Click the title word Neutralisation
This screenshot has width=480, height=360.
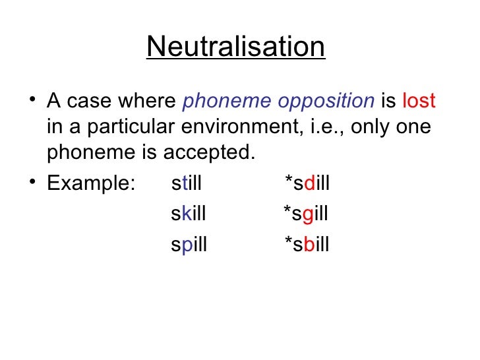point(235,47)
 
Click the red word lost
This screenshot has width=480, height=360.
point(419,101)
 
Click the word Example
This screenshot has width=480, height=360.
point(90,183)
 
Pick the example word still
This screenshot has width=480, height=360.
point(186,183)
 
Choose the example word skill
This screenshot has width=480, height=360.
point(188,214)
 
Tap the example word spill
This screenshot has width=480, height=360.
point(189,245)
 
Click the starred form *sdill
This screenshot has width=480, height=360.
point(307,183)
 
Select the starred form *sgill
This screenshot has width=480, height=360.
point(306,214)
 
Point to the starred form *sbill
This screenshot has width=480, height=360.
point(307,245)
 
